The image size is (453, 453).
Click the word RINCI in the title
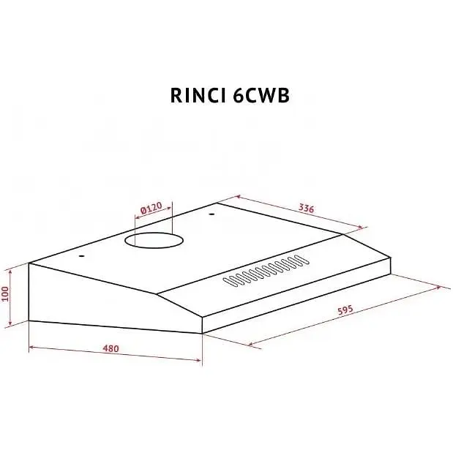[x=198, y=95]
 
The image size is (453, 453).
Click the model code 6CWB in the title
[x=261, y=95]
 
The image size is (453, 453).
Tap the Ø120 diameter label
[x=151, y=208]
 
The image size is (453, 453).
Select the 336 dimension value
[x=306, y=208]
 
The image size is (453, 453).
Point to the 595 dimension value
[x=345, y=310]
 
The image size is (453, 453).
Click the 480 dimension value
[x=111, y=348]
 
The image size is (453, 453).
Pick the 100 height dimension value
[x=6, y=293]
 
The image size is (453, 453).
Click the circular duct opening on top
[x=154, y=240]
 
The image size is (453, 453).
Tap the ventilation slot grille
[x=266, y=271]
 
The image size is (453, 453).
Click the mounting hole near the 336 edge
[x=211, y=214]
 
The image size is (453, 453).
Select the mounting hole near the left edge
[x=82, y=256]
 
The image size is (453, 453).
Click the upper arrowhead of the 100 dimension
[x=10, y=272]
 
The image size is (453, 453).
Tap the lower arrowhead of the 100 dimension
[x=10, y=323]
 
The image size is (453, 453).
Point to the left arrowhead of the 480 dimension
[x=31, y=347]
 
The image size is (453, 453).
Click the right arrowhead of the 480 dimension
[x=198, y=360]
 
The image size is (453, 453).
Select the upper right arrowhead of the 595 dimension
[x=438, y=288]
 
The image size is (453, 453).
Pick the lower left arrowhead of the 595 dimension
[x=252, y=344]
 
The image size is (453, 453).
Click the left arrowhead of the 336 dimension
[x=239, y=196]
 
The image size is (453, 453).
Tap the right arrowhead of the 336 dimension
[x=360, y=228]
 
